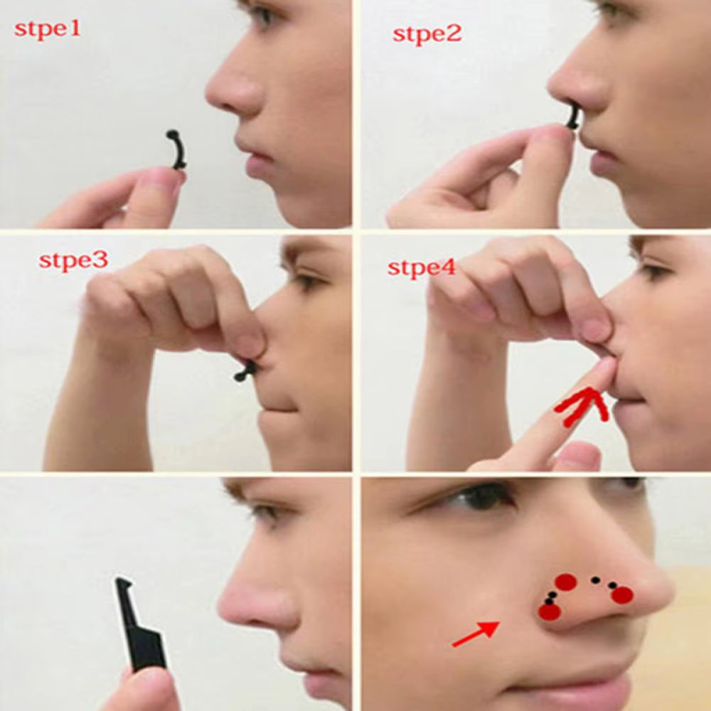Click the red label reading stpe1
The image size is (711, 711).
pyautogui.click(x=48, y=30)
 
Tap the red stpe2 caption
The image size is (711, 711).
pyautogui.click(x=427, y=33)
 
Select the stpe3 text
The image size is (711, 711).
pyautogui.click(x=73, y=260)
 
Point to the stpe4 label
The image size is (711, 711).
pyautogui.click(x=422, y=268)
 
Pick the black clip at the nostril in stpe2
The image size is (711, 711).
pyautogui.click(x=573, y=117)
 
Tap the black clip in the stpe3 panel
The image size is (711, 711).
pyautogui.click(x=246, y=370)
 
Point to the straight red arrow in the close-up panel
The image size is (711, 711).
pyautogui.click(x=476, y=634)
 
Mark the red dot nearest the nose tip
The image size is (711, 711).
pyautogui.click(x=622, y=595)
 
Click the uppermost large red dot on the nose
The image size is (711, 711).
pyautogui.click(x=565, y=582)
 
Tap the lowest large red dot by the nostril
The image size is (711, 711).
pyautogui.click(x=549, y=611)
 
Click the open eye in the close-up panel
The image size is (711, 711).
pyautogui.click(x=483, y=496)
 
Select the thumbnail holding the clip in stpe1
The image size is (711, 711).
pyautogui.click(x=162, y=182)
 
